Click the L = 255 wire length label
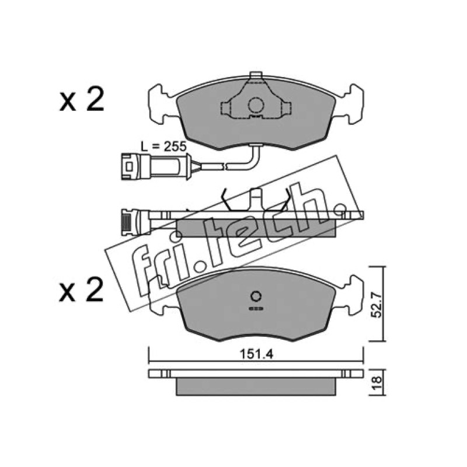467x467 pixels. point(163,147)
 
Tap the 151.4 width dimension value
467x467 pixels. point(256,354)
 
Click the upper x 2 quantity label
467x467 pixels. point(82,100)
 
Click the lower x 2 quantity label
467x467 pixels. point(82,290)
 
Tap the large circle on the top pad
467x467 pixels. point(256,105)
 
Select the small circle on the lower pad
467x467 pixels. point(256,297)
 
